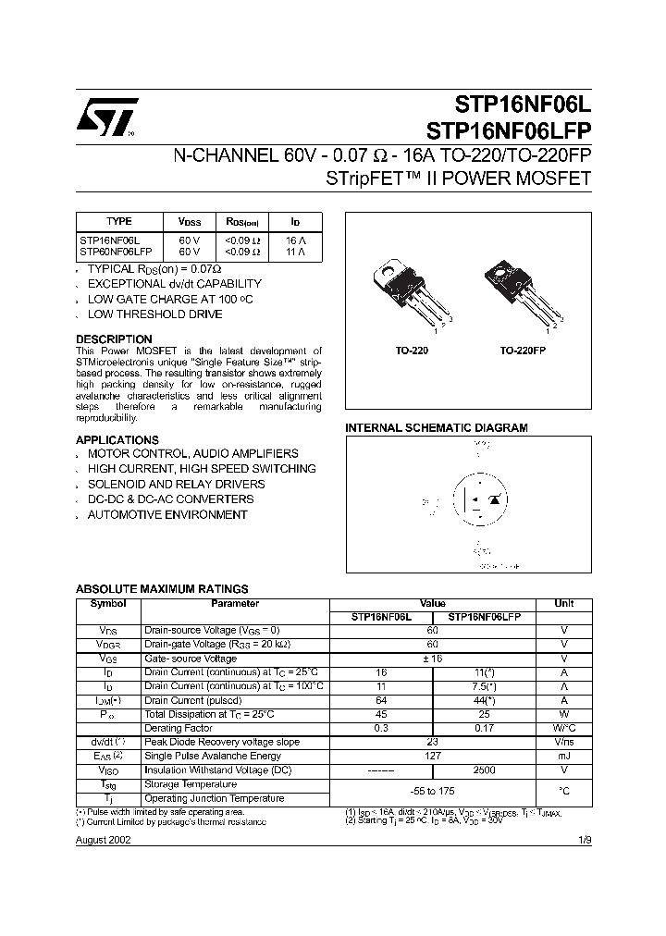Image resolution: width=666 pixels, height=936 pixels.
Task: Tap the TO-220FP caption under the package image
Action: pyautogui.click(x=523, y=352)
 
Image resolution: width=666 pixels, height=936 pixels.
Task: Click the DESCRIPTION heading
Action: pyautogui.click(x=114, y=339)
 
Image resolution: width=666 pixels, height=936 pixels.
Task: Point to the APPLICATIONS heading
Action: pyautogui.click(x=117, y=439)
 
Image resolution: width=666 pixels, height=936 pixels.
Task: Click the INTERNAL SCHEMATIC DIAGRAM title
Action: pyautogui.click(x=436, y=428)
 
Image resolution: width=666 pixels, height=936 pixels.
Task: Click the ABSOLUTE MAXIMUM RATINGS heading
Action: pyautogui.click(x=162, y=588)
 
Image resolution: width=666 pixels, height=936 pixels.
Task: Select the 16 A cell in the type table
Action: pyautogui.click(x=294, y=240)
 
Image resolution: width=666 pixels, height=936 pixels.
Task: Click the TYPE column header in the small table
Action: pyautogui.click(x=119, y=222)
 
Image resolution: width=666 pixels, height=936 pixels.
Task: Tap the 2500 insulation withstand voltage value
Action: pyautogui.click(x=485, y=770)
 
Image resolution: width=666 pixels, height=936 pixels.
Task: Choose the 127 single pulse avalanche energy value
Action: pyautogui.click(x=433, y=756)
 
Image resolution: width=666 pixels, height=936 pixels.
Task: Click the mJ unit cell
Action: pyautogui.click(x=563, y=756)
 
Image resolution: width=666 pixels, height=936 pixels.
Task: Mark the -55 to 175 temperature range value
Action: pyautogui.click(x=433, y=791)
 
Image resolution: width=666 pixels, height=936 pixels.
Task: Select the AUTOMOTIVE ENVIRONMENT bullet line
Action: pyautogui.click(x=167, y=514)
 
